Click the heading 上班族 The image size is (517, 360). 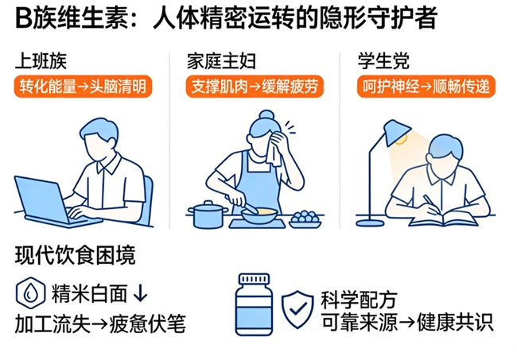point(41,61)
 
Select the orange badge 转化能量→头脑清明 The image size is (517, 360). point(83,87)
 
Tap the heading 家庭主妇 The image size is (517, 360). point(221,61)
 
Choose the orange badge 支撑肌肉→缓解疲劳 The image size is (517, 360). point(255,87)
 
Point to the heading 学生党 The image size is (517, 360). point(384,61)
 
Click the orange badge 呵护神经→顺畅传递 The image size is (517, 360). point(426,87)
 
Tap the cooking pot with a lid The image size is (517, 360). point(208,215)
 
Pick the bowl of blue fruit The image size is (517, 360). point(305,220)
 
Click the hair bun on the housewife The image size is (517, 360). point(266,115)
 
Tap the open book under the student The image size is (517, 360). point(444,219)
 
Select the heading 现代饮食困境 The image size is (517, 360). point(76,255)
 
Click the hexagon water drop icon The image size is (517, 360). point(30,293)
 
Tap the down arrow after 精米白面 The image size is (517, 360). point(141,292)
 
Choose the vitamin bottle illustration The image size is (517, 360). point(254,304)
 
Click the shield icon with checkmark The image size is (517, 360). point(297,309)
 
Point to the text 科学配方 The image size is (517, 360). point(359,300)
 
